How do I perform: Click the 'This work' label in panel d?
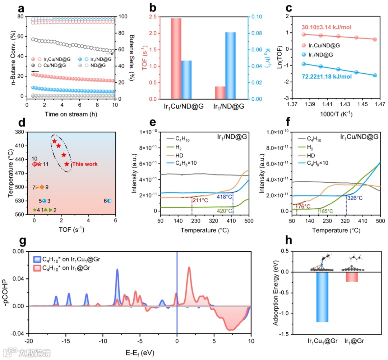coord(85,164)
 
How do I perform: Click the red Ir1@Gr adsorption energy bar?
coord(352,277)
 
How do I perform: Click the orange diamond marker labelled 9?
coord(42,187)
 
